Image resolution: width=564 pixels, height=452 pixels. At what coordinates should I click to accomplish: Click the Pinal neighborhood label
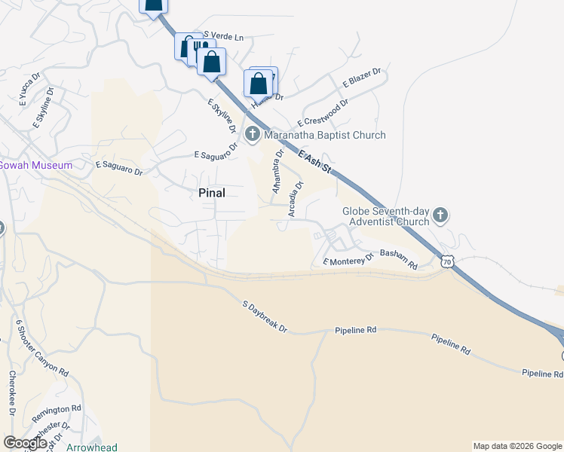(x=212, y=193)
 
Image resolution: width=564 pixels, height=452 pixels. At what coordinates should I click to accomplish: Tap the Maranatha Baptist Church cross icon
(x=253, y=136)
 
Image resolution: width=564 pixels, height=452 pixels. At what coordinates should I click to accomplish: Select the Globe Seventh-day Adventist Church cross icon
(x=441, y=217)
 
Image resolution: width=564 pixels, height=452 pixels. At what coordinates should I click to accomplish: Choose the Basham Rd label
(x=399, y=260)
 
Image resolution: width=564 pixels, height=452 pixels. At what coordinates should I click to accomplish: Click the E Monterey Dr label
(x=348, y=260)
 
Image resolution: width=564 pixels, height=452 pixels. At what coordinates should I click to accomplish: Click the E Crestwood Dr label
(x=323, y=113)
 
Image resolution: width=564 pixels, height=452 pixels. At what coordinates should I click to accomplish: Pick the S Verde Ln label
(x=224, y=36)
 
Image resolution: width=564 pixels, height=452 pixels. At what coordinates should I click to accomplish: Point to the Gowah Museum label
(x=36, y=165)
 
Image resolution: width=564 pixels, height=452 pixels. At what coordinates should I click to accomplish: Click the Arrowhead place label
(x=92, y=447)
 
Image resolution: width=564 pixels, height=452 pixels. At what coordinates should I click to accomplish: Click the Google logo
(x=25, y=443)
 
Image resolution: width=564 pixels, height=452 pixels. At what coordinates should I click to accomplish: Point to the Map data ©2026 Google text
(x=517, y=446)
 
